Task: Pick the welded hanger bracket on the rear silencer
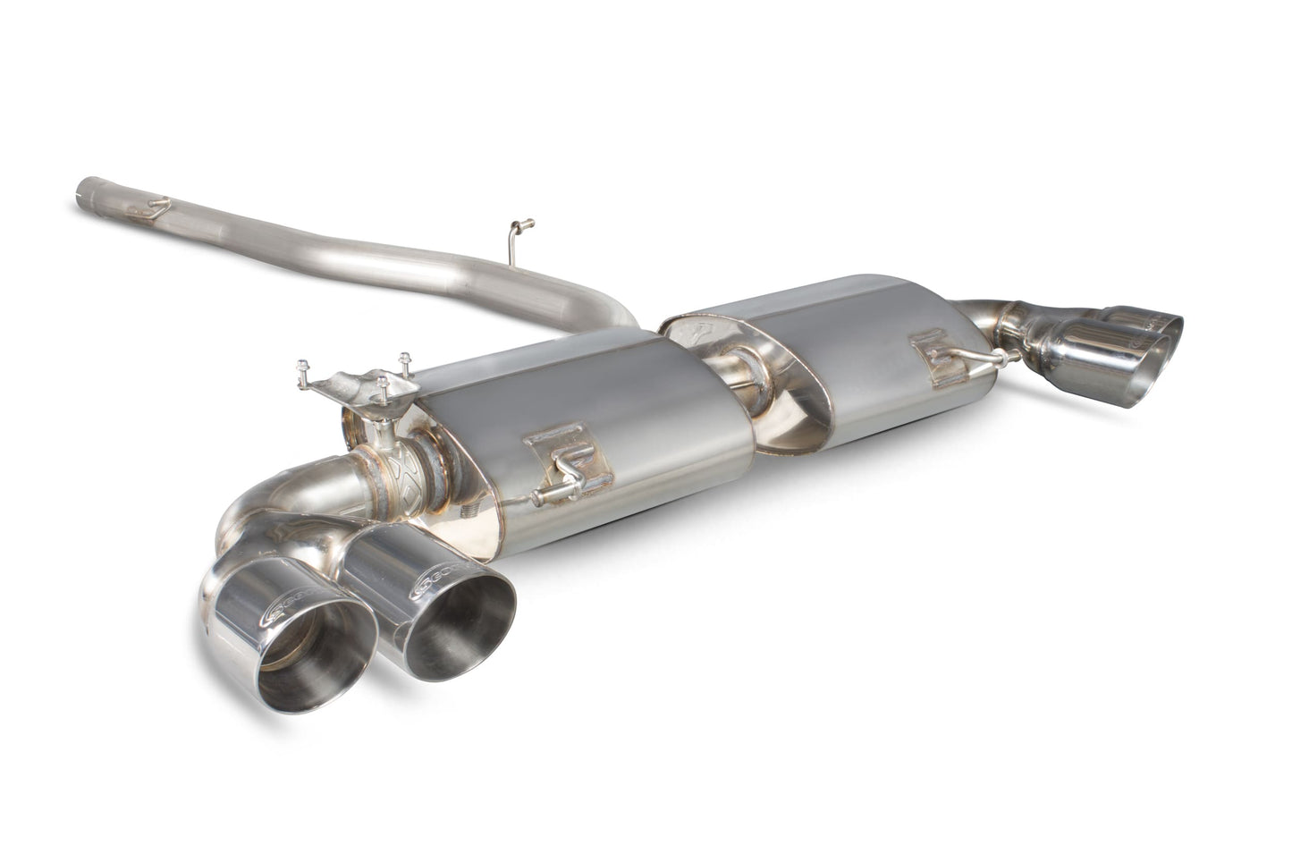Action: pyautogui.click(x=939, y=354)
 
